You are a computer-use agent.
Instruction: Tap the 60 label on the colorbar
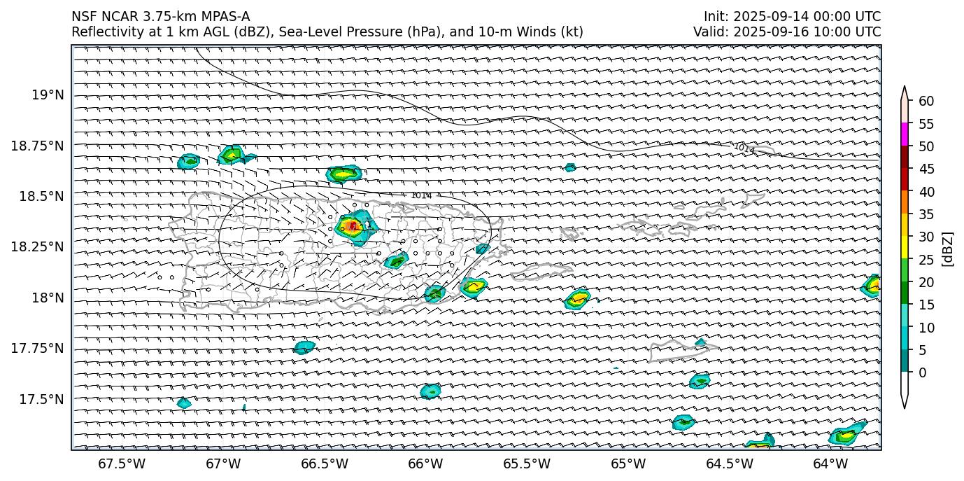926,102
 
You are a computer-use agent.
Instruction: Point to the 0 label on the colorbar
923,372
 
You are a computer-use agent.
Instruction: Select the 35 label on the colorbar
926,214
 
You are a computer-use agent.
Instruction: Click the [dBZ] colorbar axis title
948,249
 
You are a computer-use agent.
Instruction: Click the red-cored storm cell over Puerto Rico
352,226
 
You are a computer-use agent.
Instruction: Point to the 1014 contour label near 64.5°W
744,148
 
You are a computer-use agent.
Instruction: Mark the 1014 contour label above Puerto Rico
421,195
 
